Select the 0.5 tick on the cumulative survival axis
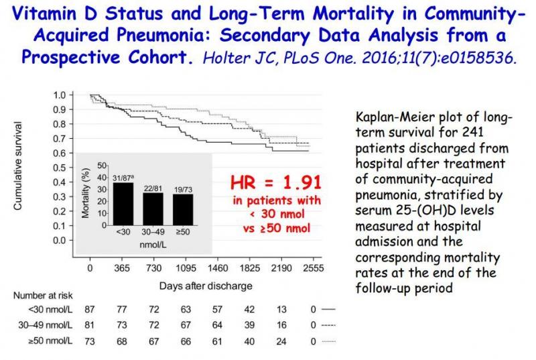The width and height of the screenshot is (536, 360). point(60,167)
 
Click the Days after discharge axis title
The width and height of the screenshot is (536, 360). point(206,286)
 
